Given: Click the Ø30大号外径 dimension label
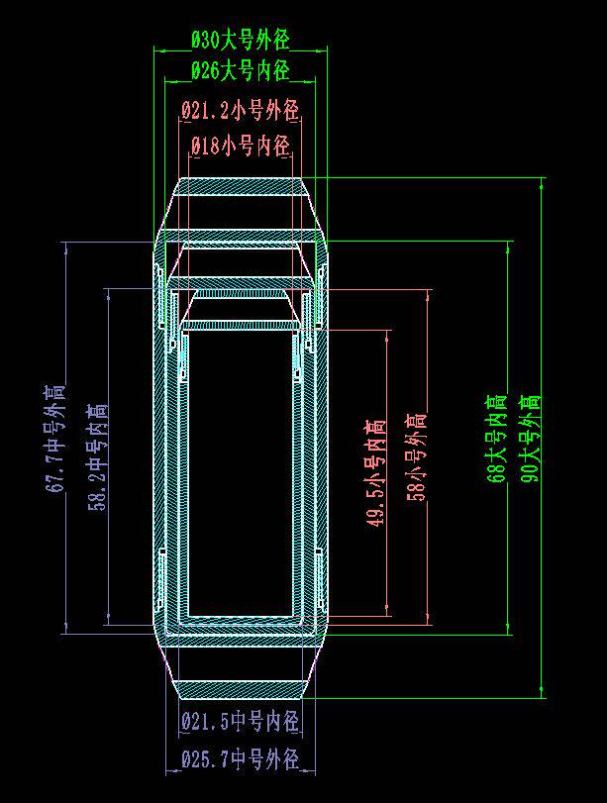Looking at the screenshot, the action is (240, 41).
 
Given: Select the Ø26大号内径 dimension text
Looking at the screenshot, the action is (240, 71).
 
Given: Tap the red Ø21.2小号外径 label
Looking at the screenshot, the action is (240, 110).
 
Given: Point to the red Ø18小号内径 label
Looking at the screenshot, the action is (240, 147).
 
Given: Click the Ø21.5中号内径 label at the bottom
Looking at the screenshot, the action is (240, 722).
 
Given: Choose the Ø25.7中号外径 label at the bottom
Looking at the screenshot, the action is (240, 760).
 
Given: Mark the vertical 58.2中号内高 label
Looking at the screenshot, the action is (97, 455).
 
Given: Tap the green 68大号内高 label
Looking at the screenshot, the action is (497, 438).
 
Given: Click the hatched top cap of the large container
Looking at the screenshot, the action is (240, 187).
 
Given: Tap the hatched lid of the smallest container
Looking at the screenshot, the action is (240, 324).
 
